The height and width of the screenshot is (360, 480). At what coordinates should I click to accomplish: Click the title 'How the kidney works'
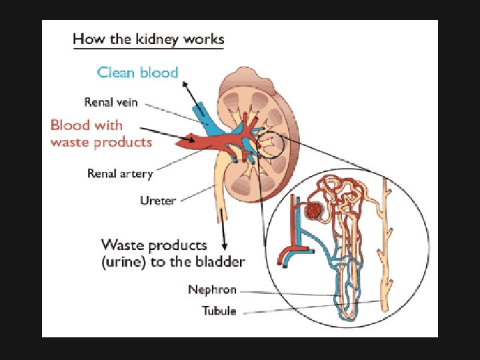148,39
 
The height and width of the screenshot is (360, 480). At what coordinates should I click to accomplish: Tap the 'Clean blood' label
138,72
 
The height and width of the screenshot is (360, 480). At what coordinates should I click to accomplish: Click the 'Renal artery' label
120,174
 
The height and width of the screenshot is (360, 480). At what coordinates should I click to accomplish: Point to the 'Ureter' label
158,199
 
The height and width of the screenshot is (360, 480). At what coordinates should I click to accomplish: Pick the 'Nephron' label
212,290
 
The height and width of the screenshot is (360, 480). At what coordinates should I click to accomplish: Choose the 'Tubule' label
219,311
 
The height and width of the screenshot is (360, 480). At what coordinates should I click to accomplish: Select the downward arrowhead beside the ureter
227,247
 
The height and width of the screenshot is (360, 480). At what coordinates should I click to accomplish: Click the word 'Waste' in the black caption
120,245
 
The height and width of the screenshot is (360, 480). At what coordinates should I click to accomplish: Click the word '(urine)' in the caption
123,261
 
